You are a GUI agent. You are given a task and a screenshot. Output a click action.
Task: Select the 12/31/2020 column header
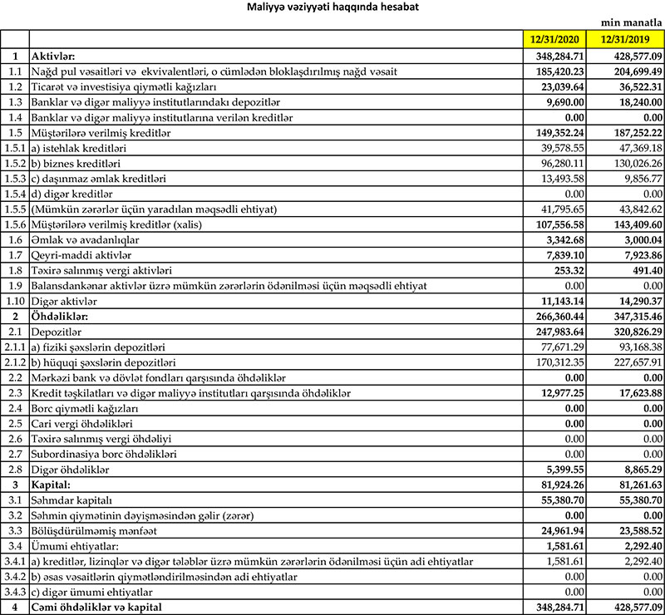(x=554, y=39)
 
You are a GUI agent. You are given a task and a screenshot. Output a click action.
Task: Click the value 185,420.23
(x=554, y=71)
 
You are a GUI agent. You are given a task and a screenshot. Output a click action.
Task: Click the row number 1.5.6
(x=14, y=222)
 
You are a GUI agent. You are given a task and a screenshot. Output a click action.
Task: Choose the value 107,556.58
(x=554, y=222)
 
